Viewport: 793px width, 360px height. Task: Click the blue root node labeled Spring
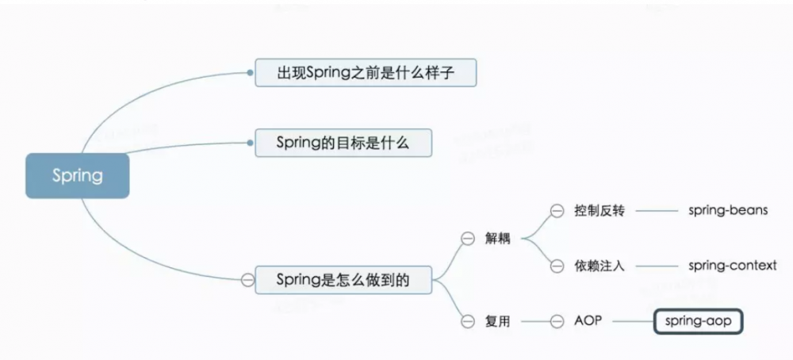click(78, 175)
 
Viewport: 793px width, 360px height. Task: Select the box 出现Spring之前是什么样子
click(366, 73)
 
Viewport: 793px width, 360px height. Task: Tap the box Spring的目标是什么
click(343, 143)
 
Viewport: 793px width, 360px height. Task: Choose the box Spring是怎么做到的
click(343, 280)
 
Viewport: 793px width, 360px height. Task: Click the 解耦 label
click(498, 239)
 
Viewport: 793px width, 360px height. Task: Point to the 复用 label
click(498, 321)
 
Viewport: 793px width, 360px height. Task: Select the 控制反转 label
click(600, 210)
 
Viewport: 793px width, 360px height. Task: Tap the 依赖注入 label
click(600, 266)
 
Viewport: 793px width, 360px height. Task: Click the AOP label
click(588, 320)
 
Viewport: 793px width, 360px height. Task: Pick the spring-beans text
click(728, 210)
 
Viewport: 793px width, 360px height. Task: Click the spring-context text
click(732, 266)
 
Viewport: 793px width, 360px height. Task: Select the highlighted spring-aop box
click(699, 321)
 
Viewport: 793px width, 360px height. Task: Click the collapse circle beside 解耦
click(468, 239)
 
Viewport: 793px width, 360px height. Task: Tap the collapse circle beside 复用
click(468, 321)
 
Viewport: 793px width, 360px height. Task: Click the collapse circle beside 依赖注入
click(557, 266)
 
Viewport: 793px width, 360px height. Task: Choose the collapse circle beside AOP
click(557, 321)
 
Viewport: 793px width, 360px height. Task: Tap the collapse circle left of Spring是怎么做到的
click(247, 280)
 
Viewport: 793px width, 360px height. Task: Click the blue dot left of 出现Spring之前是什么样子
click(250, 73)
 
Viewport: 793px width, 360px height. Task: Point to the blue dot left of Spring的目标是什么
click(250, 143)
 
